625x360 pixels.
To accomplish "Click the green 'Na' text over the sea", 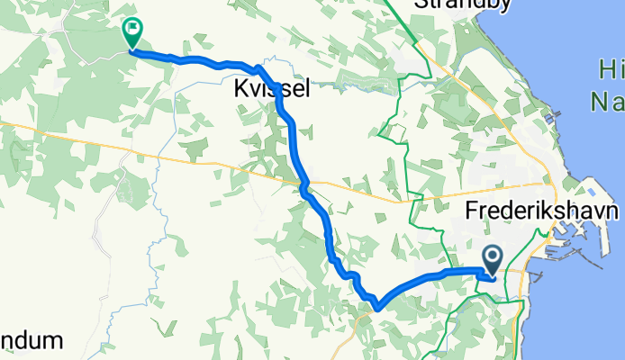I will (x=608, y=102).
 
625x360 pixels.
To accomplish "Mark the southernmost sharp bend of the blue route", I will (x=376, y=307).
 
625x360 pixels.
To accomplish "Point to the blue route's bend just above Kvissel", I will (x=259, y=68).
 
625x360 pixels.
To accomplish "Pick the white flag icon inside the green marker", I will (x=133, y=29).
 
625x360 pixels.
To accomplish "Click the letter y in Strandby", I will (x=482, y=5).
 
